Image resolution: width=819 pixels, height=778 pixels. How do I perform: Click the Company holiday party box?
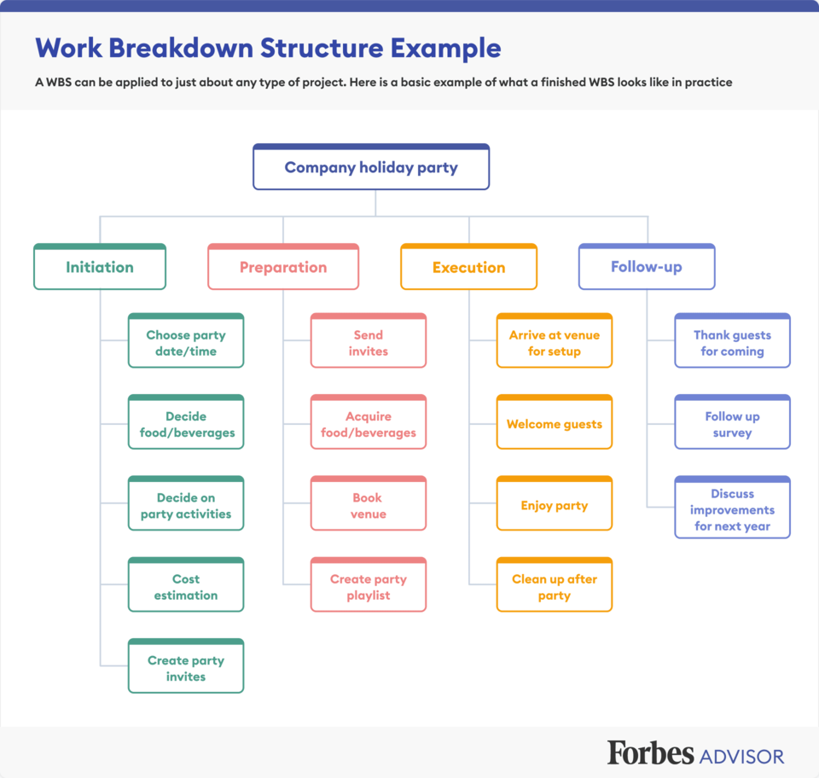(x=371, y=166)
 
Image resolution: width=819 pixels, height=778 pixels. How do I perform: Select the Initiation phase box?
(x=100, y=266)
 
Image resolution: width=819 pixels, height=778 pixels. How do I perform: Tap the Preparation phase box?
(x=283, y=266)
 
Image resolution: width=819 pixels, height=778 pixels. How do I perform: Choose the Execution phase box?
(x=468, y=266)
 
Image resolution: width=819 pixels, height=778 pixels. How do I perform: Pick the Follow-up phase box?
(x=647, y=266)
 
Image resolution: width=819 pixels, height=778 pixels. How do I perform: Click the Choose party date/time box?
(x=186, y=340)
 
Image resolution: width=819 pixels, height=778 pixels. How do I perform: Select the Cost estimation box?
(x=186, y=584)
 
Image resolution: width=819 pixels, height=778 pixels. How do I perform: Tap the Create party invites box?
(x=186, y=665)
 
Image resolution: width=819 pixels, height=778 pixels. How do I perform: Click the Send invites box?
(x=369, y=340)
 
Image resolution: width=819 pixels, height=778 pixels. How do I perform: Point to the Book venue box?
(x=369, y=503)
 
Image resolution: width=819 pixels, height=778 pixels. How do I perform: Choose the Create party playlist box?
(x=369, y=584)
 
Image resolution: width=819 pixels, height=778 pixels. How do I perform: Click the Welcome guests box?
(x=555, y=422)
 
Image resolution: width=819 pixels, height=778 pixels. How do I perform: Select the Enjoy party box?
(x=555, y=503)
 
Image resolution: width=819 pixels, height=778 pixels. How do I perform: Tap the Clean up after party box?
(x=555, y=584)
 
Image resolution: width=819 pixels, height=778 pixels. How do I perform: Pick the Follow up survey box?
(x=732, y=422)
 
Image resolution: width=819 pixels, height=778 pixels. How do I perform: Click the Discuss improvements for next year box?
(x=732, y=507)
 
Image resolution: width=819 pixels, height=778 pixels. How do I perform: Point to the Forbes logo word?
(x=650, y=753)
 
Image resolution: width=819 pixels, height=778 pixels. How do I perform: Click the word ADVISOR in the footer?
(x=741, y=757)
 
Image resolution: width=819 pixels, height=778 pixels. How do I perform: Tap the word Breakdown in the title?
(x=181, y=48)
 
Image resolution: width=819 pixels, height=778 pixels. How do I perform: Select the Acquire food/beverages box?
(x=369, y=422)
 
